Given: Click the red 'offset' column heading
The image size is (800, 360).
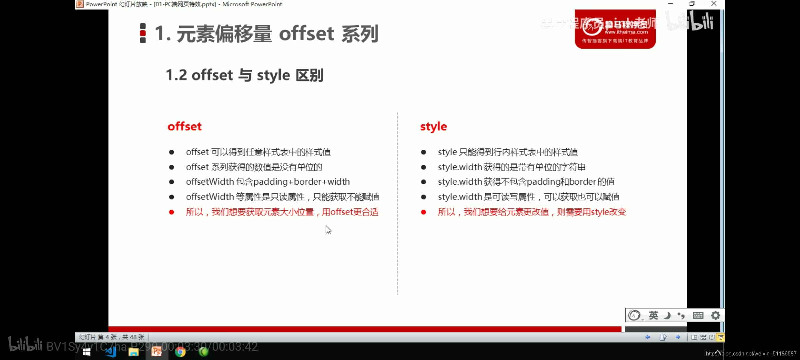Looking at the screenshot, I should click(x=184, y=127).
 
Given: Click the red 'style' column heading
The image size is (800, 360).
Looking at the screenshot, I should click(x=433, y=127).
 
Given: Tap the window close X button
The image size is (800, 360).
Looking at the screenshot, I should click(x=714, y=4).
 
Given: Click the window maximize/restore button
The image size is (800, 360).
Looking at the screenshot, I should click(x=692, y=4).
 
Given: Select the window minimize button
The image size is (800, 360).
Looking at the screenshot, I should click(x=671, y=4).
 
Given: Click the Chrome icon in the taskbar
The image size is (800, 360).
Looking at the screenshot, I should click(x=180, y=352).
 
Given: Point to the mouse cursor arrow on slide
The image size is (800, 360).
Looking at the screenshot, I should click(x=328, y=230).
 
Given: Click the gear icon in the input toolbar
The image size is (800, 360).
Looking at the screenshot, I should click(x=715, y=315).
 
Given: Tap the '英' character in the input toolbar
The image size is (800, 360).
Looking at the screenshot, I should click(x=653, y=315).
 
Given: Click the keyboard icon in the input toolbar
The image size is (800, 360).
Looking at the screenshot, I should click(x=698, y=315).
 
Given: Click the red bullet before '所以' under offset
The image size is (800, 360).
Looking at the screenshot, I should click(x=171, y=212).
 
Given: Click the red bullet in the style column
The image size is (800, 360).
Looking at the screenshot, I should click(x=423, y=212).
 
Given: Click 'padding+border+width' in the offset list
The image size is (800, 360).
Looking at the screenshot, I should click(x=301, y=182).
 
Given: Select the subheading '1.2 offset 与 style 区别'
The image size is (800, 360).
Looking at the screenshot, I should click(x=244, y=75).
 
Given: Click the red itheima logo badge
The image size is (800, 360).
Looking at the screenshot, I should click(x=615, y=29).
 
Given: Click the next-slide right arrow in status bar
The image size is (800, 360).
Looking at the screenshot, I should click(x=678, y=337).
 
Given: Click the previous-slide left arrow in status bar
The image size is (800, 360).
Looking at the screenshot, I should click(x=648, y=337).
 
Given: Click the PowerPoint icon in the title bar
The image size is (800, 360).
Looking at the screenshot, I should click(x=80, y=4).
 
